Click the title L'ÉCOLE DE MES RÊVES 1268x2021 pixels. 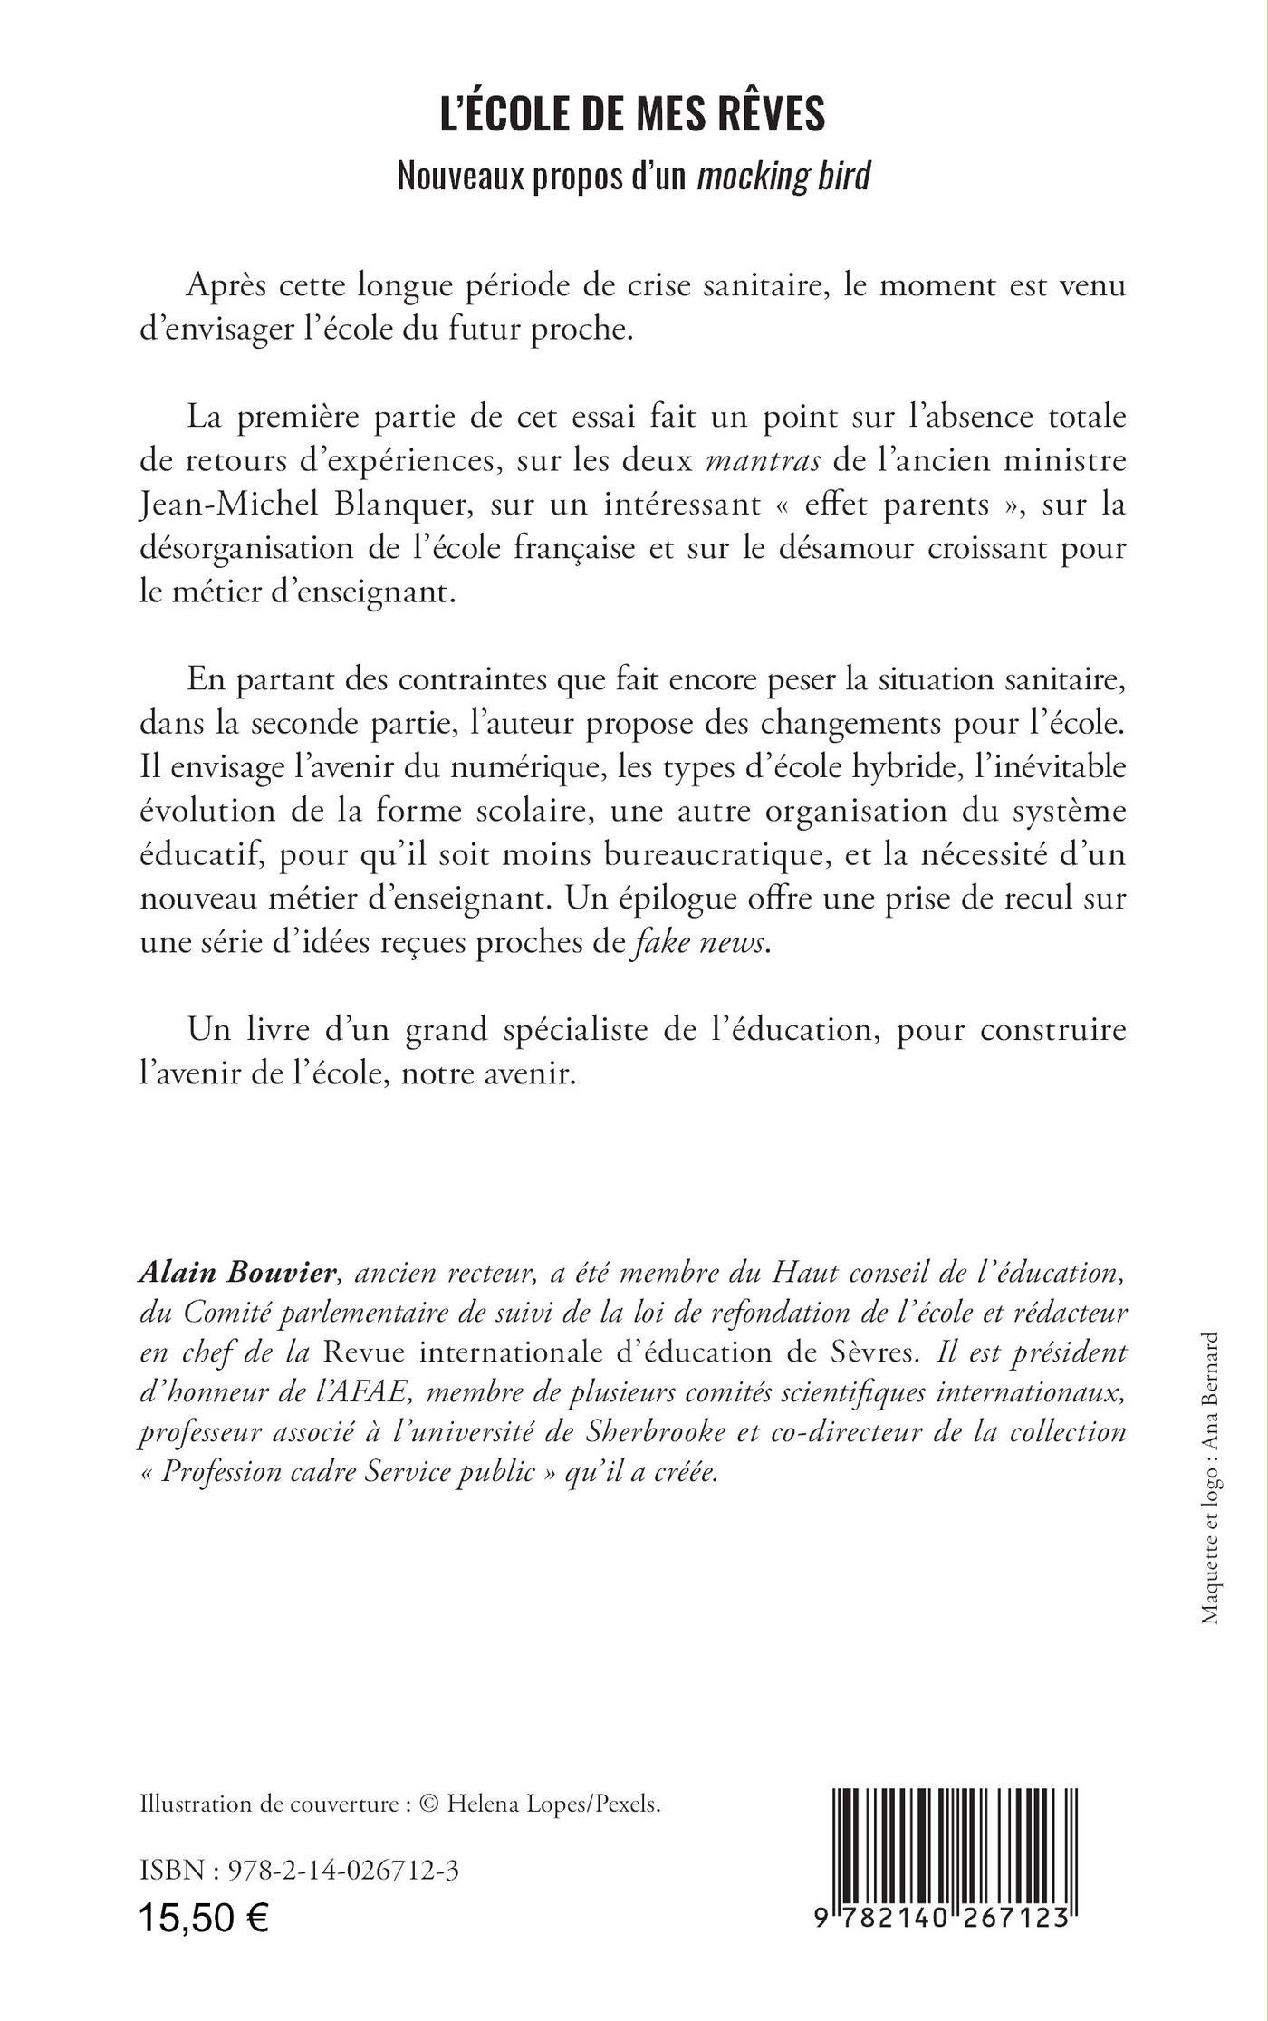[632, 116]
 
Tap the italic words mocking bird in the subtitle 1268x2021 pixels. [783, 176]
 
